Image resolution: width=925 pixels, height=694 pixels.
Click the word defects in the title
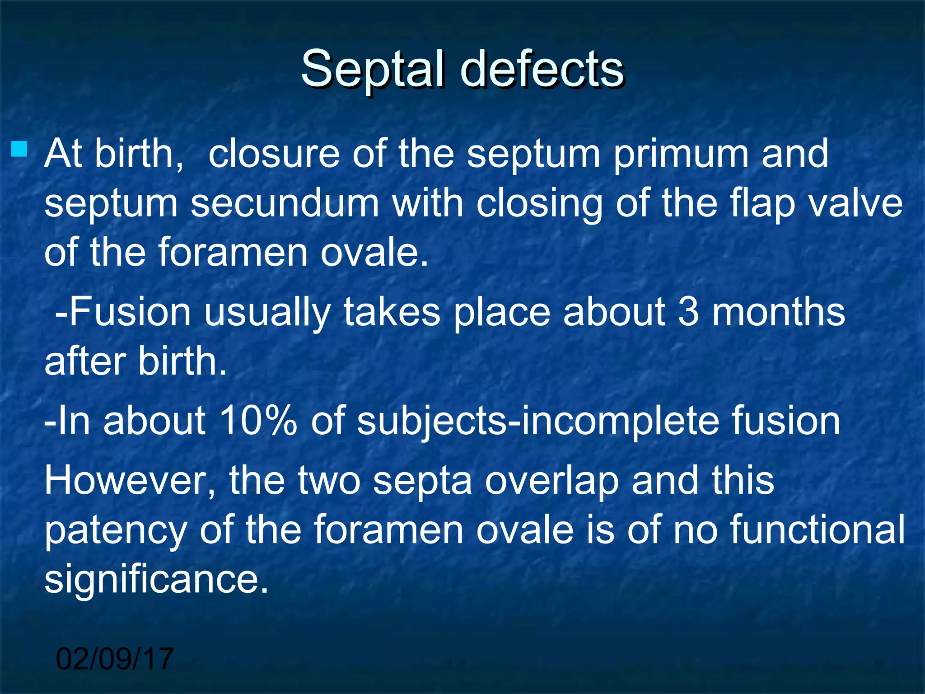coord(542,69)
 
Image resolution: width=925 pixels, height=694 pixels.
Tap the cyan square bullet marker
coord(19,149)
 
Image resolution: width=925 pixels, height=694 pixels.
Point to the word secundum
coord(285,203)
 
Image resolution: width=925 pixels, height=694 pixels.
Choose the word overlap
coord(551,482)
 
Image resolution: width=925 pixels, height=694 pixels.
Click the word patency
coord(116,531)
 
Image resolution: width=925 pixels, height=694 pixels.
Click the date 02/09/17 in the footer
coord(115,659)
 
